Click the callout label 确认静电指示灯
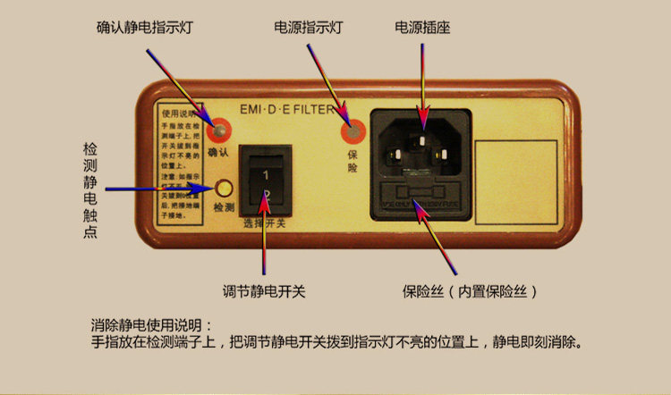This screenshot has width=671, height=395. coord(144,28)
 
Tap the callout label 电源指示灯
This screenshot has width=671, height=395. coord(309,28)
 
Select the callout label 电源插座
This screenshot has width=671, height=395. coord(422,28)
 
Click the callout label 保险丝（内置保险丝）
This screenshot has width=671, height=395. coord(471,291)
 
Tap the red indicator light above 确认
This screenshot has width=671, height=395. coord(217,133)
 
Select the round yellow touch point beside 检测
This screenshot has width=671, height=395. coord(224,189)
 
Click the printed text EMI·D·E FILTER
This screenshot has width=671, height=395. coord(288,111)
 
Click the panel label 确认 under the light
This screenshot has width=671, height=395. coord(218,154)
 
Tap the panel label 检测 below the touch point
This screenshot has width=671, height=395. coord(224,207)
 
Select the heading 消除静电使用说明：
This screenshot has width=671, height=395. coord(152,324)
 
